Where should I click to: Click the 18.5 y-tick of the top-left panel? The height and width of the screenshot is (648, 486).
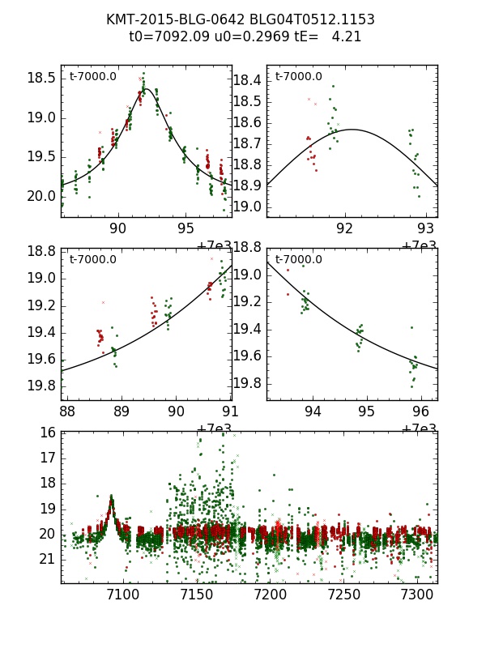(x=42, y=79)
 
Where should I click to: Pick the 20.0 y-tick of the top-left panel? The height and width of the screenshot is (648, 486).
(x=42, y=196)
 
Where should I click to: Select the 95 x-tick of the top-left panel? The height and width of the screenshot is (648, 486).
(x=186, y=228)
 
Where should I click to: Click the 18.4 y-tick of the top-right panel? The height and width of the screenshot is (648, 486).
(x=247, y=80)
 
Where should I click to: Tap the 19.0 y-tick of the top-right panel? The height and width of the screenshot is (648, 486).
(x=247, y=207)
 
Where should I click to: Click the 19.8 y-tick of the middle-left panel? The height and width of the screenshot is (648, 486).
(x=42, y=386)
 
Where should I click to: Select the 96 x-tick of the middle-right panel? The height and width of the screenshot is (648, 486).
(x=420, y=411)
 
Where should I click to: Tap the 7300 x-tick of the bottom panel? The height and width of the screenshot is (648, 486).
(x=417, y=595)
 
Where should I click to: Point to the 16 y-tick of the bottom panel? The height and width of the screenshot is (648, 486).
(x=48, y=433)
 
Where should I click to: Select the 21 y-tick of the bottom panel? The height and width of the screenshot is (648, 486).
(x=48, y=559)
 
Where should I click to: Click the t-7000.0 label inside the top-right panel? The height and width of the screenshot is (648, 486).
(x=298, y=77)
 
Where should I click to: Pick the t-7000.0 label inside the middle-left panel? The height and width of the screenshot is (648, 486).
(x=92, y=260)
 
